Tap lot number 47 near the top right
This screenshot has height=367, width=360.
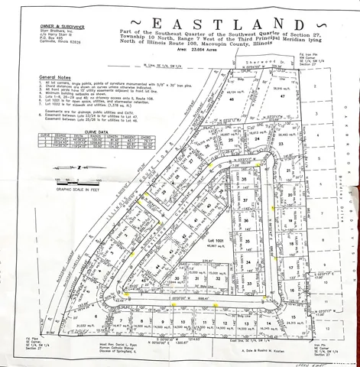click(x=282, y=97)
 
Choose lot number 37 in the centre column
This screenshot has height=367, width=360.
click(x=245, y=201)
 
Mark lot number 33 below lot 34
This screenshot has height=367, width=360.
click(x=250, y=283)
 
